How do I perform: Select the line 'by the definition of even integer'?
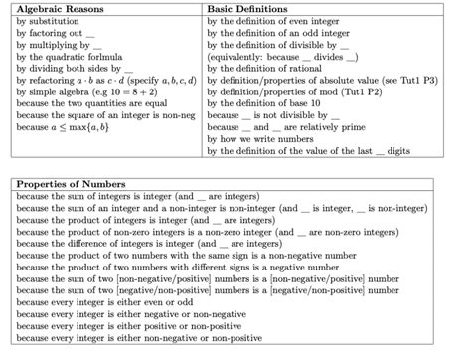click(280, 20)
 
